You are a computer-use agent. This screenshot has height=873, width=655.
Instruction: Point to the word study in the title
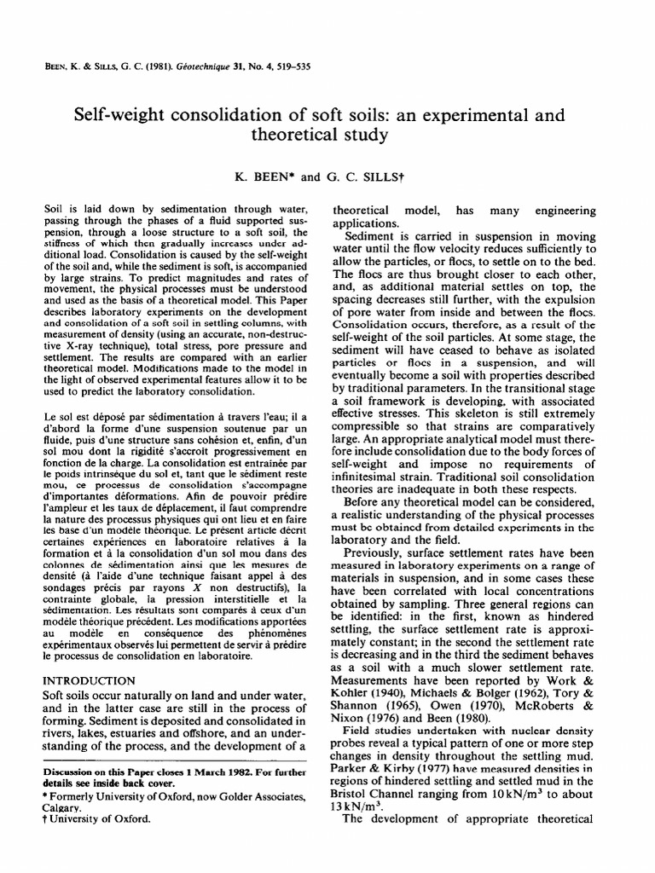(x=363, y=136)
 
